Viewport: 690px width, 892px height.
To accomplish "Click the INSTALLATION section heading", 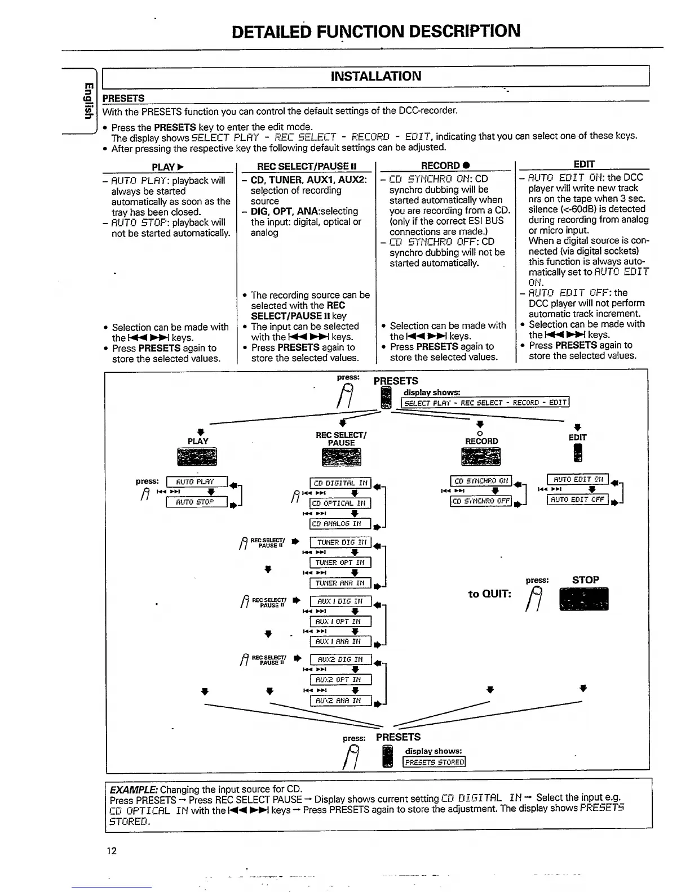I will click(x=375, y=76).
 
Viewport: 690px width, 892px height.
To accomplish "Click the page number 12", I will click(x=112, y=851).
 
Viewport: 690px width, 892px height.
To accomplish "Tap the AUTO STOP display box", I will click(x=196, y=502).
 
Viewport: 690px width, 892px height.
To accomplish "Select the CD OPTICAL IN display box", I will click(x=340, y=503).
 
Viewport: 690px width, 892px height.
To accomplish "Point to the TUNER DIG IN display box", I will click(x=340, y=542).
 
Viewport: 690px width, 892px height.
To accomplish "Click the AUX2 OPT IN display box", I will click(x=340, y=680).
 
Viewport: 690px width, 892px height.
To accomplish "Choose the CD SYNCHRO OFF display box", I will click(x=481, y=501).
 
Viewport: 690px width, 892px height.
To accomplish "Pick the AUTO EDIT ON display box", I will click(x=578, y=479).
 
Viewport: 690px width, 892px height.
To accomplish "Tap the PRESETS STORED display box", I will click(x=434, y=762).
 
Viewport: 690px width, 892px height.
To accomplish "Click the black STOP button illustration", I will click(x=583, y=599).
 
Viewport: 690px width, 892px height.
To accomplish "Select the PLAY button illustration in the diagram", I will click(x=197, y=457).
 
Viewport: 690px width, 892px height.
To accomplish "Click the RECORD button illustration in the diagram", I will click(x=481, y=457).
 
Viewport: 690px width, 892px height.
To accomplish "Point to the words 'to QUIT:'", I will click(x=489, y=594).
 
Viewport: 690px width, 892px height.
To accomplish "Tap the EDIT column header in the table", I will click(x=583, y=164).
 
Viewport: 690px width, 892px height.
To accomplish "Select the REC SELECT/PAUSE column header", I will click(x=307, y=166).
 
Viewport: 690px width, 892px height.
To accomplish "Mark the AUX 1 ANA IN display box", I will click(x=340, y=641).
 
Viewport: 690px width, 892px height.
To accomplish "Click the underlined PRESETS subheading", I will click(x=123, y=98).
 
